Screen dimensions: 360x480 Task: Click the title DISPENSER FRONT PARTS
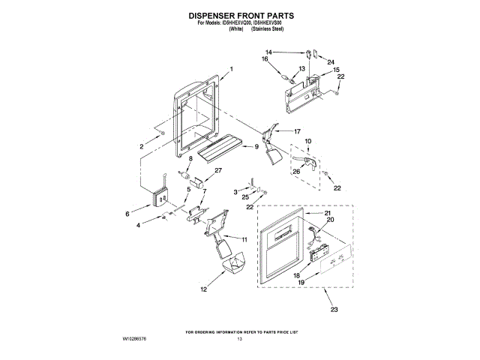pos(240,14)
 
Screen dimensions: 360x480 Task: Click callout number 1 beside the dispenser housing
pos(232,70)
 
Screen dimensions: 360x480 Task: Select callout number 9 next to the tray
pos(256,146)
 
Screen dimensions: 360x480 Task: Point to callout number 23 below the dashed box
pos(334,309)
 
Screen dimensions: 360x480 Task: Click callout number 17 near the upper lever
pos(297,130)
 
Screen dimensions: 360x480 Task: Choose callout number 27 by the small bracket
pos(218,171)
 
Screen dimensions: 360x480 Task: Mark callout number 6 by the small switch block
pos(138,214)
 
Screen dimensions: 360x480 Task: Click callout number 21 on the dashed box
pos(328,213)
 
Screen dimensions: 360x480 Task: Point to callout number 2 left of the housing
pos(140,147)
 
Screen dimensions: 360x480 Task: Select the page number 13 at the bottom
pos(240,340)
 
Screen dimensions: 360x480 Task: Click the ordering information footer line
pos(240,331)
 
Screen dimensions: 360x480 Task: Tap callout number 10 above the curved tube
pos(307,142)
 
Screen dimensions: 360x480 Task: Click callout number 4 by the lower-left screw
pos(138,225)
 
